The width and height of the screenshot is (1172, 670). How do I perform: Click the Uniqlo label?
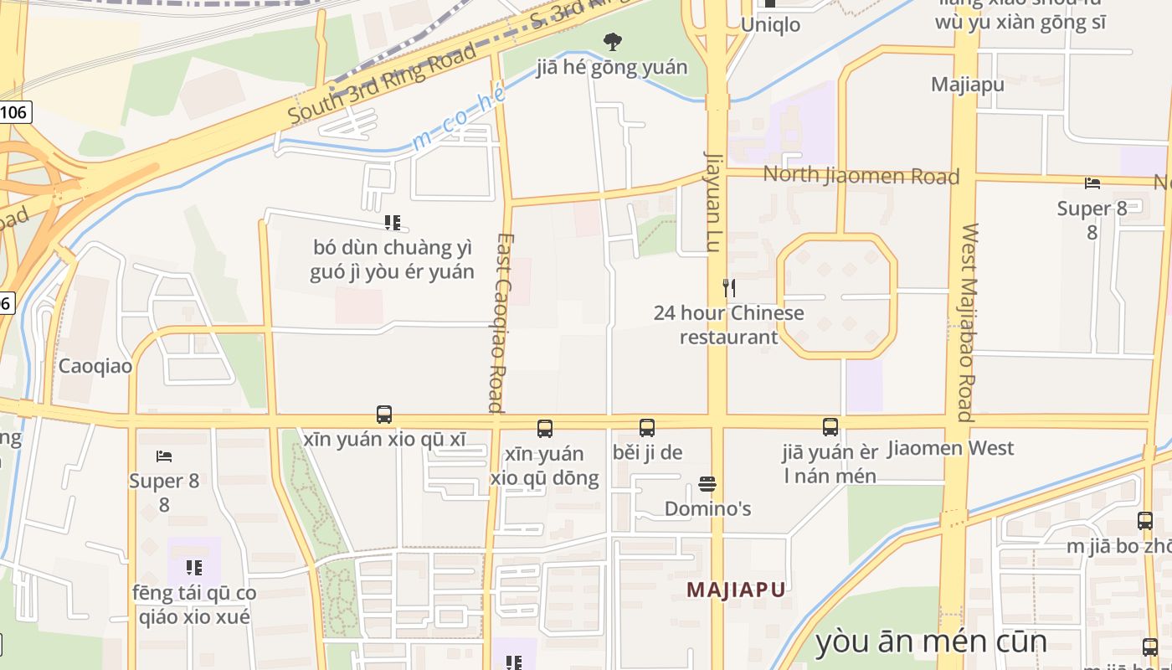(770, 24)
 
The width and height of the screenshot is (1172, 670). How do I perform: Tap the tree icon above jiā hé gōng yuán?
(613, 41)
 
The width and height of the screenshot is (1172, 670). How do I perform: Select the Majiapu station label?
(967, 84)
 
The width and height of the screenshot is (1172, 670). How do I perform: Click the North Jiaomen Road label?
(861, 176)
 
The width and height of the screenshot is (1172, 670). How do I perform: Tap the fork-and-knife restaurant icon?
(729, 288)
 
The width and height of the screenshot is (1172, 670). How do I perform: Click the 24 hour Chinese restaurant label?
(728, 325)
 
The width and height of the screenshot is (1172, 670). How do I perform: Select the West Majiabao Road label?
(968, 322)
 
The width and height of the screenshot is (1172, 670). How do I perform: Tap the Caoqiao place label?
(95, 366)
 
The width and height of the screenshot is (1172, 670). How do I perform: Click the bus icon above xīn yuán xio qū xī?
(384, 415)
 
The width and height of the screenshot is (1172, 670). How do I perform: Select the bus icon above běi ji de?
(647, 428)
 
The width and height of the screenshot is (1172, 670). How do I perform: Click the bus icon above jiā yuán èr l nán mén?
(830, 427)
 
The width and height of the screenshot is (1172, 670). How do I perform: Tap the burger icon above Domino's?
(707, 484)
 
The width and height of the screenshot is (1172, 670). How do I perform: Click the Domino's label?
(707, 508)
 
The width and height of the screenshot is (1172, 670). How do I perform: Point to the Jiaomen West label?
(950, 448)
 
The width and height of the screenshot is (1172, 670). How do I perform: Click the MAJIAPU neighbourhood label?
(736, 590)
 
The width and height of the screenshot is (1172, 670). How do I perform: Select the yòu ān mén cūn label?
(930, 642)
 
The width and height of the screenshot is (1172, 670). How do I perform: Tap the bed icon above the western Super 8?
(164, 456)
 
